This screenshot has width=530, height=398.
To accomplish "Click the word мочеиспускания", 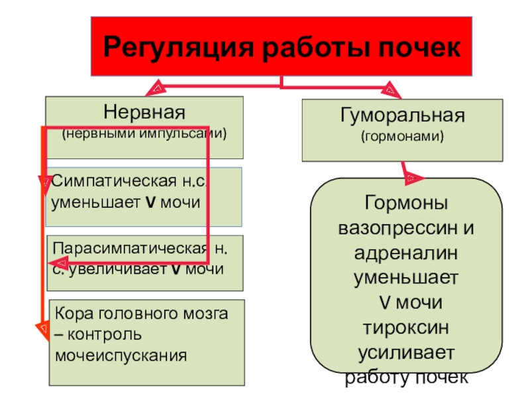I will pos(121,355).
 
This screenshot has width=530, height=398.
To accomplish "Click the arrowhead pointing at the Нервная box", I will pos(158,86).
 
